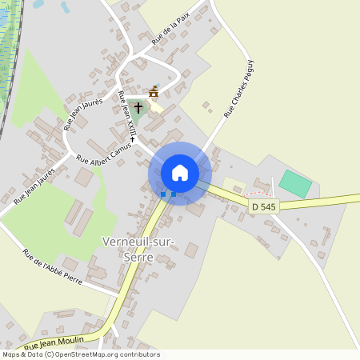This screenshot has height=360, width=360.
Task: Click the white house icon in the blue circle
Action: click(180, 172)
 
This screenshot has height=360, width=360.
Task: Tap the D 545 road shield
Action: click(263, 206)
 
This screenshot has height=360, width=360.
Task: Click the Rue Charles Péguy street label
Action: click(238, 89)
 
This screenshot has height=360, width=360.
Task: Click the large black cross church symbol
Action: click(138, 106)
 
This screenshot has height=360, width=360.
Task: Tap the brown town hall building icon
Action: click(154, 91)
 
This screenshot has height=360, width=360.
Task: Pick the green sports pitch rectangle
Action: click(295, 184)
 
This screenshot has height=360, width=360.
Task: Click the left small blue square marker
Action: click(163, 194)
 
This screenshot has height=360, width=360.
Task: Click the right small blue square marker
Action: click(173, 194)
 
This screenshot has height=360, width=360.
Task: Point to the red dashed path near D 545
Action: click(258, 194)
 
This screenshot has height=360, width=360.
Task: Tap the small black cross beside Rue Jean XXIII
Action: click(132, 139)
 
